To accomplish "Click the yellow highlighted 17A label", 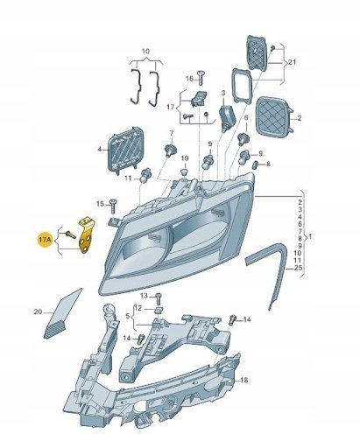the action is pos(45,240).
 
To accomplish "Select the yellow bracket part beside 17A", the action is pos(86,235).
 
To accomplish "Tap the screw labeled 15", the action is pos(113,206).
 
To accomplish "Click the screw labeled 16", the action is pos(201,77).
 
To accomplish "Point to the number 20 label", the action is pos(38,312).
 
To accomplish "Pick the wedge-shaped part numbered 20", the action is pos(63,315).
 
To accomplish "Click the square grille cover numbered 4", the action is pos(126,150).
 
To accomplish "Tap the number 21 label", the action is pos(292,62).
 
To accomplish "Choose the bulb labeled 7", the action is pos(170,150).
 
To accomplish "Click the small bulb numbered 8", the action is pos(255,164).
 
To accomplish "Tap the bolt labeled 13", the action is pos(159,299).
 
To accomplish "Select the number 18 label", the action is pos(244,380).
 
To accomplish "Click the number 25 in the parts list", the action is pos(299,268).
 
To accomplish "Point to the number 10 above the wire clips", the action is pos(145,52).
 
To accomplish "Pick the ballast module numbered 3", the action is pos(227,117).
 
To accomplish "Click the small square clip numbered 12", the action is pos(159,310).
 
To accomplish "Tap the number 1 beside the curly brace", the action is pos(310,237).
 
